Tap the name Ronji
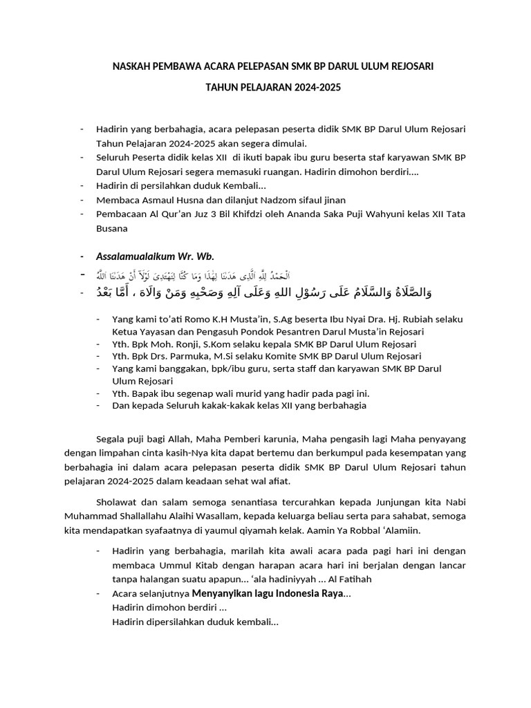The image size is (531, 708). point(194,344)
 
